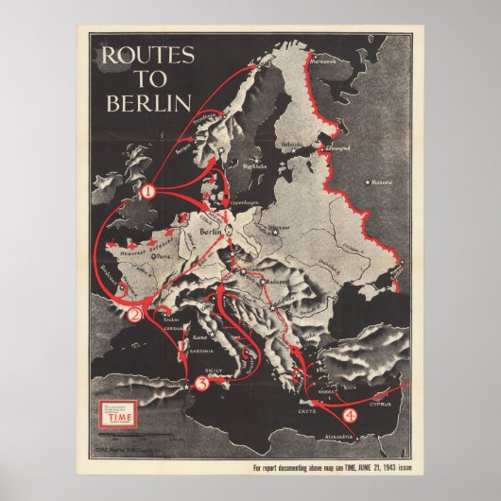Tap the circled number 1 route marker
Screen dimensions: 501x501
point(147,191)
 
